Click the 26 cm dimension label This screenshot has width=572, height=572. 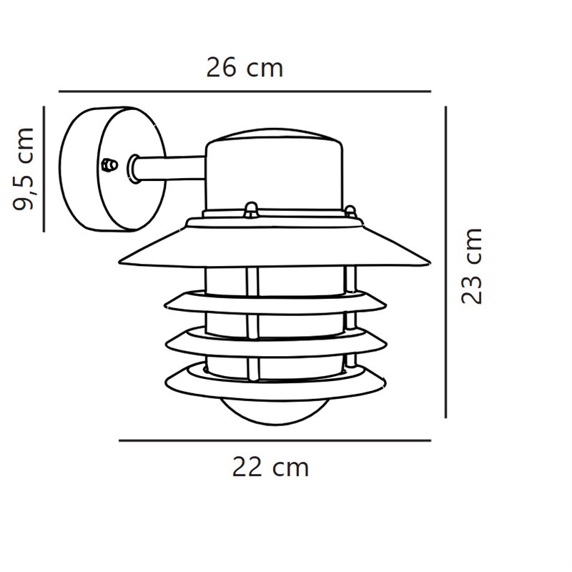click(245, 68)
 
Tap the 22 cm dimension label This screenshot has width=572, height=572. click(270, 467)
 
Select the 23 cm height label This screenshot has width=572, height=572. click(472, 266)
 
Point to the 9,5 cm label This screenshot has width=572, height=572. click(24, 169)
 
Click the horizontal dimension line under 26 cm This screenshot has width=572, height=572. click(245, 92)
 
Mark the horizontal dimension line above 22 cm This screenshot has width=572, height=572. click(275, 440)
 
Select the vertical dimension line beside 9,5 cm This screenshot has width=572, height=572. click(44, 169)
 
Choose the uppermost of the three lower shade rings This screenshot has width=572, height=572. click(275, 302)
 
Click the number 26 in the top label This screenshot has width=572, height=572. click(221, 68)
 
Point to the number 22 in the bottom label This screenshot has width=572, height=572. click(246, 467)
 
